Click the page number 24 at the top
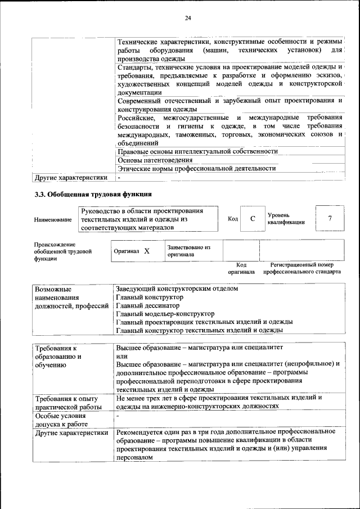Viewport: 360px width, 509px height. pyautogui.click(x=188, y=19)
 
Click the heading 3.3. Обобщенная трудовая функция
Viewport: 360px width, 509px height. pyautogui.click(x=93, y=195)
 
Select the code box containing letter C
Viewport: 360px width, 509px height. pyautogui.click(x=253, y=218)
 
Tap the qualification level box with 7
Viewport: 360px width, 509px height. pyautogui.click(x=330, y=218)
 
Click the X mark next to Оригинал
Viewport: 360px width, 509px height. pyautogui.click(x=146, y=251)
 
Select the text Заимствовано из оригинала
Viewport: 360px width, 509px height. pyautogui.click(x=188, y=251)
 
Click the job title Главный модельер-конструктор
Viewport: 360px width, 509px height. pyautogui.click(x=165, y=314)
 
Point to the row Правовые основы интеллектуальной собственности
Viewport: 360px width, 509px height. pyautogui.click(x=197, y=151)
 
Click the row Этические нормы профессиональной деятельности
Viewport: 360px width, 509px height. pyautogui.click(x=196, y=168)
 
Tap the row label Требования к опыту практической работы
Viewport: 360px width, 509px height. pyautogui.click(x=67, y=402)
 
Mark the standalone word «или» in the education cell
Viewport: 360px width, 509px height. pyautogui.click(x=121, y=355)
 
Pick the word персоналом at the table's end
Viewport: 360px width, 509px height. pyautogui.click(x=134, y=458)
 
